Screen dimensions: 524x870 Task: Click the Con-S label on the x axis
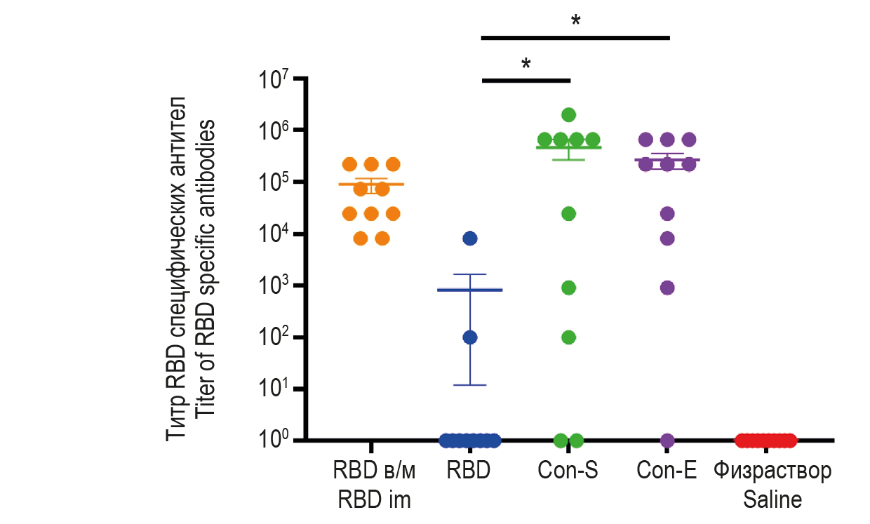coord(568,471)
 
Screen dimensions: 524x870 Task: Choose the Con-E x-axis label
coord(667,471)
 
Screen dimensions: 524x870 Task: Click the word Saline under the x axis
coord(772,500)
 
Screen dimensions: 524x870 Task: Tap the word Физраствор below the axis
coord(772,471)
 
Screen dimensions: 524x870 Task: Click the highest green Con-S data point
coord(569,114)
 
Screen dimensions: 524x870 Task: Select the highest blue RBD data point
coord(470,239)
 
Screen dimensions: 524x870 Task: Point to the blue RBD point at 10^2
coord(470,337)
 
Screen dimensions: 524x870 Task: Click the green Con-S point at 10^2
coord(569,337)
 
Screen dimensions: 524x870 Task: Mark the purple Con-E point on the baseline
coord(667,441)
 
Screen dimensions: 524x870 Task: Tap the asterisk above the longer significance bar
coord(576,21)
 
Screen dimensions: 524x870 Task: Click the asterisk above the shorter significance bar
coord(526,65)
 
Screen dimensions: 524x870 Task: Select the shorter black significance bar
coord(526,81)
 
